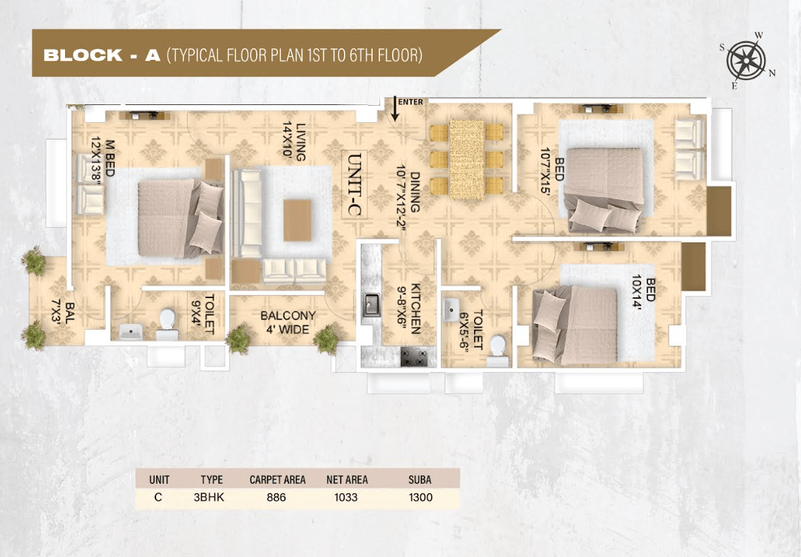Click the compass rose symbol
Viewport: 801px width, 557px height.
tap(746, 61)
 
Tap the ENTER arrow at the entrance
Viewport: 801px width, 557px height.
tap(395, 108)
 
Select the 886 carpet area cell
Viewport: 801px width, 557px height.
tap(277, 497)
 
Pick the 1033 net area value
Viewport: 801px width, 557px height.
tap(346, 497)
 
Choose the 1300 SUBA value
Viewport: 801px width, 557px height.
tap(420, 497)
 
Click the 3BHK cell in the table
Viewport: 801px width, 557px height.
tap(209, 497)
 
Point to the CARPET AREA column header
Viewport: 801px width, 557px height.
tap(277, 480)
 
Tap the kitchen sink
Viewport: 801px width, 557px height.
tap(371, 305)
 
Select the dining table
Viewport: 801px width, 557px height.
tap(467, 160)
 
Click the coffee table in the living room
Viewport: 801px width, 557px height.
tap(297, 220)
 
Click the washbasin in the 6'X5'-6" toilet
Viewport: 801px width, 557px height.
tap(451, 310)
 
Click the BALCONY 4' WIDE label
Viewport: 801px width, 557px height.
tap(288, 323)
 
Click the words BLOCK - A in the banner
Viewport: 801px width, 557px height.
tap(102, 55)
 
